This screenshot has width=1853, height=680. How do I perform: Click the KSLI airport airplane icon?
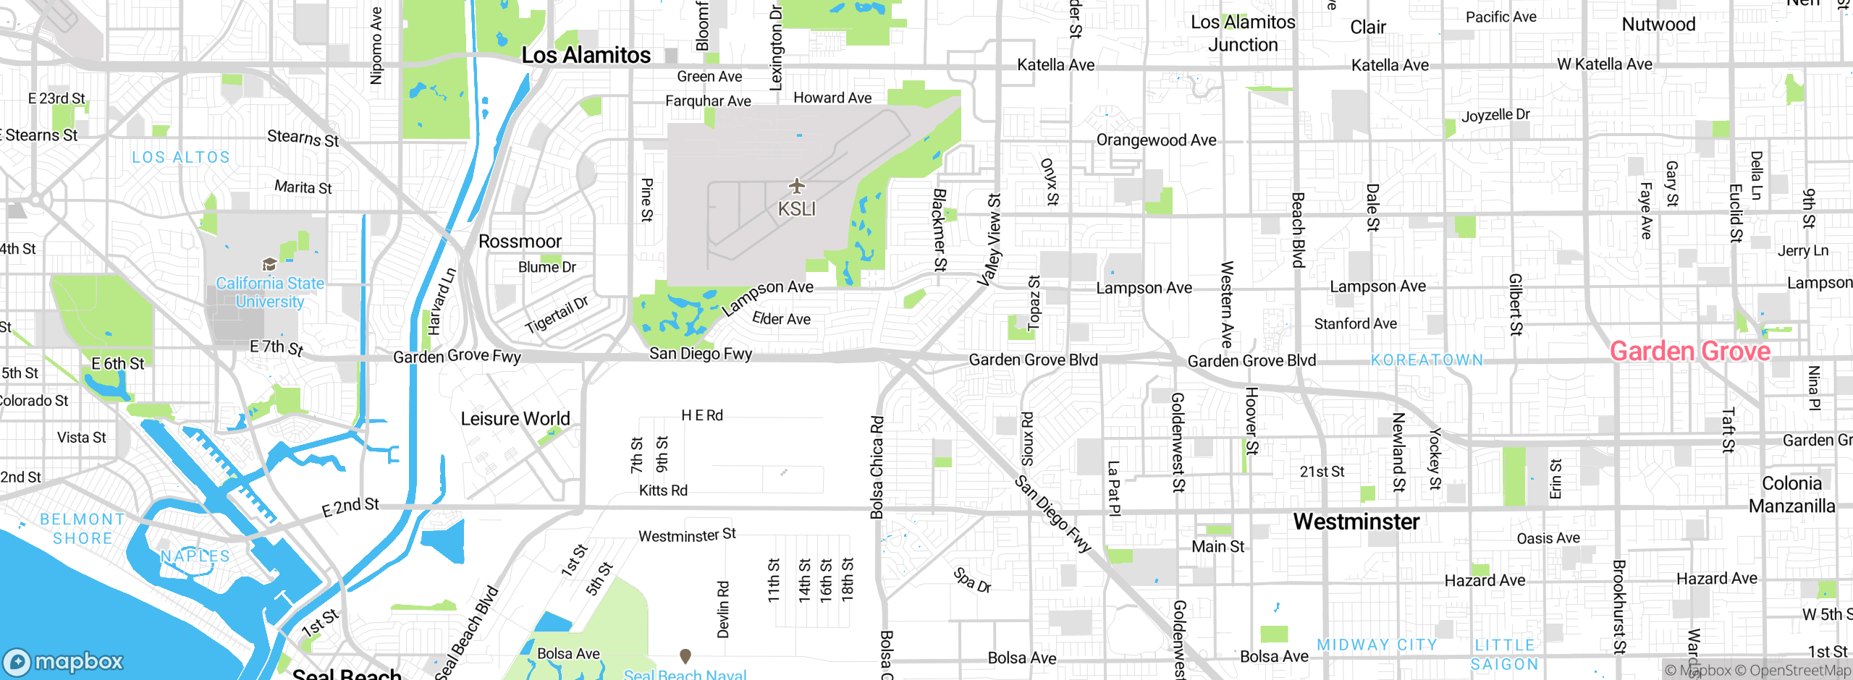coord(797,186)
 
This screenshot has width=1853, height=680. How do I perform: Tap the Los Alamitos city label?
coord(586,55)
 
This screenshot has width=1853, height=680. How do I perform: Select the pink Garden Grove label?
coord(1689,352)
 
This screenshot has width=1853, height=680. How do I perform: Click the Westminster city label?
coord(1356,522)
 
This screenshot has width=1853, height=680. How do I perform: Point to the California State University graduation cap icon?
coord(269,264)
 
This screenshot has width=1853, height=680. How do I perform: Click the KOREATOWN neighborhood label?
coord(1427,360)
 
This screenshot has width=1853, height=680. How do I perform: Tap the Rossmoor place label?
coord(520,241)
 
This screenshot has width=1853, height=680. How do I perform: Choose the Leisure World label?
coord(515,419)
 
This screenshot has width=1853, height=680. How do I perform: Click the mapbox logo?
coord(64,661)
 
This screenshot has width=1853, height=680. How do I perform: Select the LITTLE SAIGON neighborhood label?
coord(1504,655)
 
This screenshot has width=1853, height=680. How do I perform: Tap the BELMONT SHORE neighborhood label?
coord(82,529)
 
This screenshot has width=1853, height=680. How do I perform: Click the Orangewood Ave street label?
coord(1156,140)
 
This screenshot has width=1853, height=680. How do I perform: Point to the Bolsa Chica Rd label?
coord(877,467)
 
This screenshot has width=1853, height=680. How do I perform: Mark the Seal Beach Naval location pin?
coord(685,655)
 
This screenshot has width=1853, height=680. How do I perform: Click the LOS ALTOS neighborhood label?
coord(181,157)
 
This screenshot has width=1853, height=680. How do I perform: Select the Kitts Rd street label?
coord(663,490)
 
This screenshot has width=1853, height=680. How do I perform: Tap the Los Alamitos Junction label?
coord(1243,33)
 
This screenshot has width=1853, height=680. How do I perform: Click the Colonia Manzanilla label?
coord(1791,494)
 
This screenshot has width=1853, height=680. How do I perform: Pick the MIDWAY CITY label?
coord(1377,645)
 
